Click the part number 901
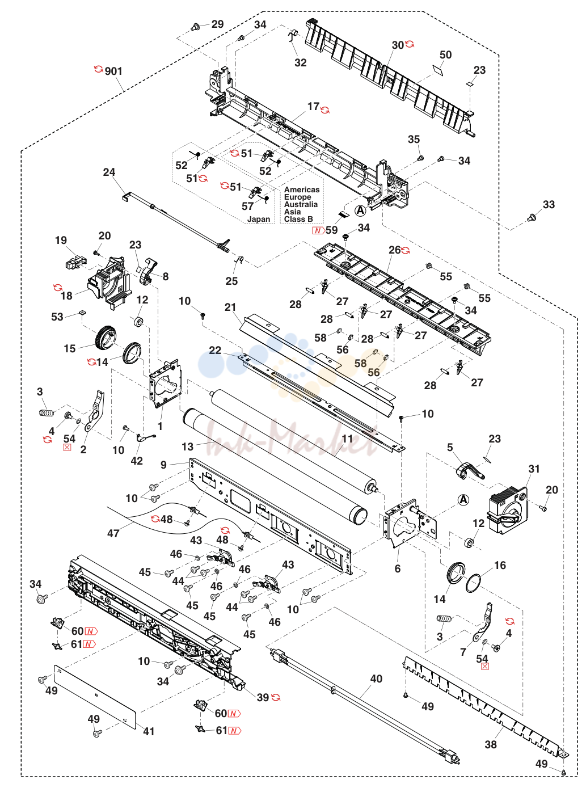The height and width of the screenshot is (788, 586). click(113, 71)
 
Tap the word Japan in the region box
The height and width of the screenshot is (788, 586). click(258, 219)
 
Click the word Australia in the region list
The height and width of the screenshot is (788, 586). click(301, 204)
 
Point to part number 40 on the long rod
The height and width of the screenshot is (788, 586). click(376, 679)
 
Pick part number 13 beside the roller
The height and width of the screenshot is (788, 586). click(187, 446)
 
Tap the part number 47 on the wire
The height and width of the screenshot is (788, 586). click(113, 533)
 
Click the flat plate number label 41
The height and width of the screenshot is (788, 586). click(149, 728)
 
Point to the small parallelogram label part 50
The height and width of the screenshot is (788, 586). click(437, 69)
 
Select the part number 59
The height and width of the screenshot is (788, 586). click(331, 230)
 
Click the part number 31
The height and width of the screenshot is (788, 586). click(534, 469)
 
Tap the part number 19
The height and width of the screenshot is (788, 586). click(61, 240)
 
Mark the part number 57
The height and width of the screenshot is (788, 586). click(247, 206)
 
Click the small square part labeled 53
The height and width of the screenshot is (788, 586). click(82, 312)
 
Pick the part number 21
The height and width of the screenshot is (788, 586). click(230, 307)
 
